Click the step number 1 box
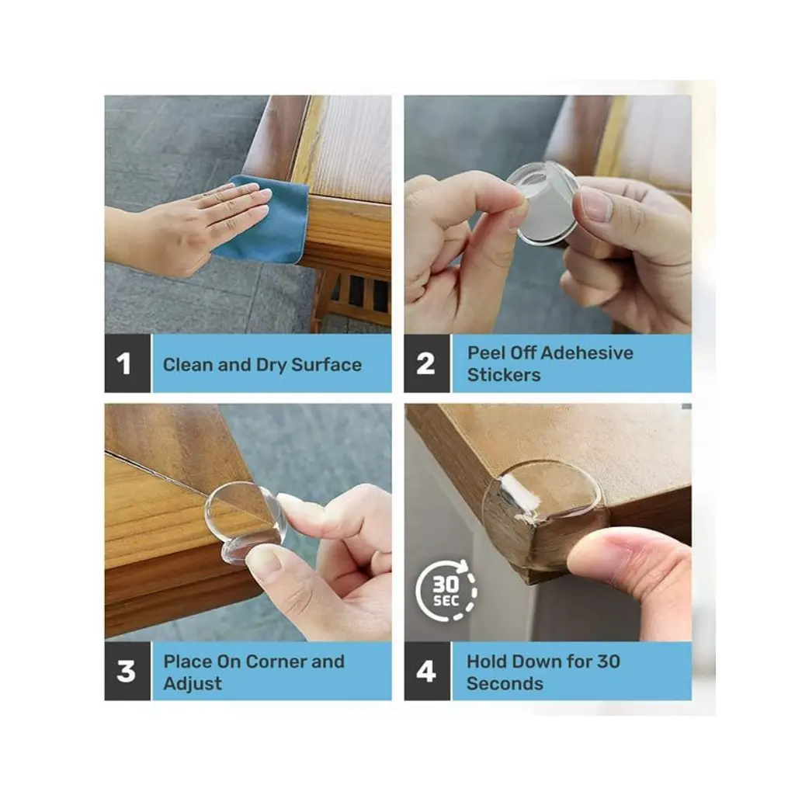pos(127,363)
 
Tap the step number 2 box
pos(427,363)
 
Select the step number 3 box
pos(127,671)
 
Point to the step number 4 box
pos(427,671)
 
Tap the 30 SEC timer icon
pos(446,591)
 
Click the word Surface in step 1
pos(327,365)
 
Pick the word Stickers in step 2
pos(504,375)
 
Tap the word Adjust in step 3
pos(193,684)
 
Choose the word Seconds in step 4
pos(505,683)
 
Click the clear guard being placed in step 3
pos(246,522)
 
